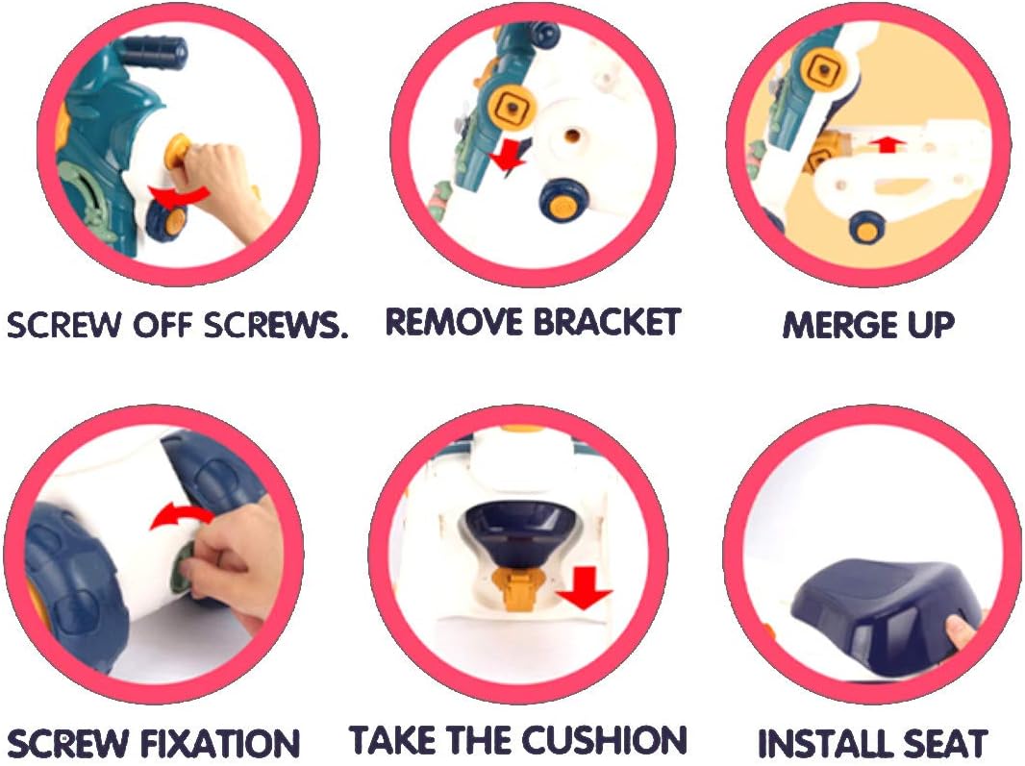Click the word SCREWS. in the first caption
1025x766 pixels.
tap(276, 325)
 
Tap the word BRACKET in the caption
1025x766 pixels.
tap(607, 322)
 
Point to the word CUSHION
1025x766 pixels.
tap(603, 740)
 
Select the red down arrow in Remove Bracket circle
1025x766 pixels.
tap(508, 157)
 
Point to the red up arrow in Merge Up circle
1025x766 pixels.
tap(887, 144)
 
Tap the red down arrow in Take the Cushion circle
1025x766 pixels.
tap(584, 587)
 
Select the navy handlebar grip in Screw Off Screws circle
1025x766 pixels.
tap(154, 52)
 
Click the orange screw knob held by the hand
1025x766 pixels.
tap(177, 152)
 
